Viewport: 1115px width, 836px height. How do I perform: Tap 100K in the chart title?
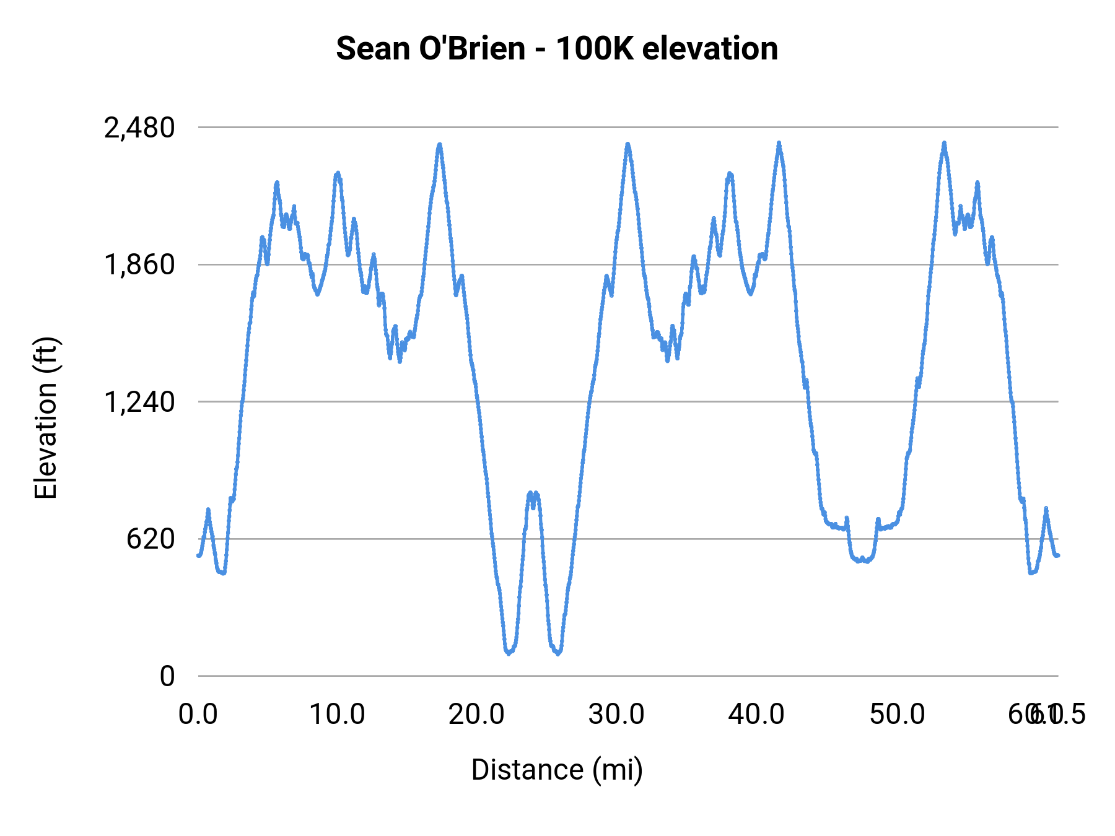594,48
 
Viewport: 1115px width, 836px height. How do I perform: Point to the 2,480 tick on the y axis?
139,128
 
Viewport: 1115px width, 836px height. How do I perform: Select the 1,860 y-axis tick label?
139,265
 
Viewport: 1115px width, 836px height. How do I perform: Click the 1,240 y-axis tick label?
139,403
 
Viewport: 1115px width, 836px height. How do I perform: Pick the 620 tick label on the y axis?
151,539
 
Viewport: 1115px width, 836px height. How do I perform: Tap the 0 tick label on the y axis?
167,676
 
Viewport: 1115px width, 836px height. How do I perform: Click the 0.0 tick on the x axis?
198,714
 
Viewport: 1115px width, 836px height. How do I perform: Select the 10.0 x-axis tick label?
337,714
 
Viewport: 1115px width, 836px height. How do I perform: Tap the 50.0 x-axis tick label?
896,714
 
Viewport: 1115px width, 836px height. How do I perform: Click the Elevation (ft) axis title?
46,418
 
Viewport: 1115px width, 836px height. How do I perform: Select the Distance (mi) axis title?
557,770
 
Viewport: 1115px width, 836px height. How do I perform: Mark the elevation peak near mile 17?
439,145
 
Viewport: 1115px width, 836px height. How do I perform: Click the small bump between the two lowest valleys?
533,494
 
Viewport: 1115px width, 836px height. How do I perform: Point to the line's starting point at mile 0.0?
198,555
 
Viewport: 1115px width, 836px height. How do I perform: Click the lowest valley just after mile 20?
509,653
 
